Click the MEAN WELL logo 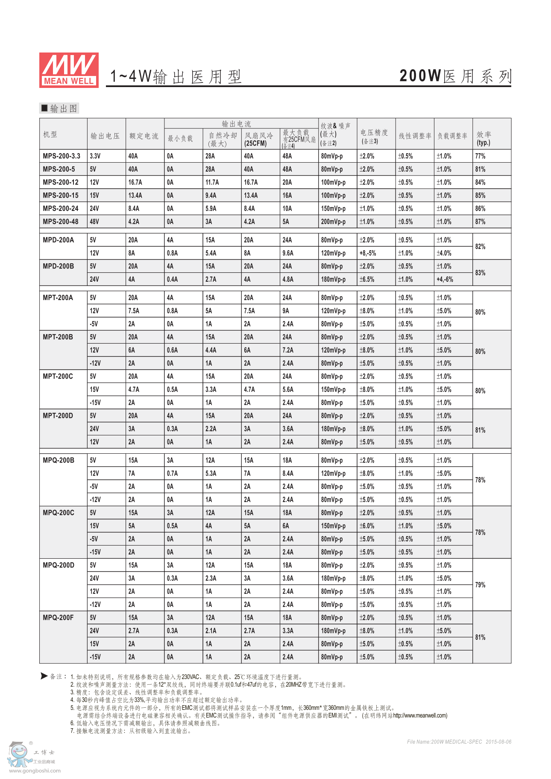tap(69, 70)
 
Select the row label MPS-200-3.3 tap(62, 156)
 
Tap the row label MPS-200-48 tap(61, 222)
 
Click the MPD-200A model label tap(59, 240)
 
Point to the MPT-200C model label tap(58, 376)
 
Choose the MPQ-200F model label tap(59, 618)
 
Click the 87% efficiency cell tap(481, 222)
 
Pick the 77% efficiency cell tap(481, 156)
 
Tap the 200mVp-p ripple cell tap(333, 222)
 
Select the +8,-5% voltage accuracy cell tap(368, 253)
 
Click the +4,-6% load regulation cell tap(445, 280)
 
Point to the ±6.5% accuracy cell tap(367, 280)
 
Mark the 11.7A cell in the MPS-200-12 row tap(212, 182)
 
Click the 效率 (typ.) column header tap(484, 139)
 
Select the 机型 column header tap(50, 134)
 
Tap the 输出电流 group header tap(236, 124)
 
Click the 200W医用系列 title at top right tap(455, 76)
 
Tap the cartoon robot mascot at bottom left tap(19, 755)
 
